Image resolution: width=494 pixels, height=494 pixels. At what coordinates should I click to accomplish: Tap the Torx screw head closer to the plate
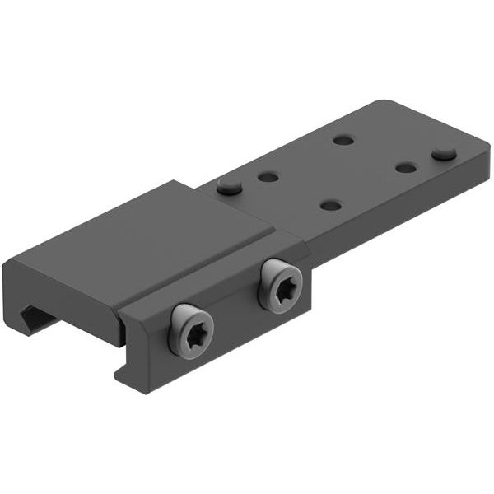tap(280, 286)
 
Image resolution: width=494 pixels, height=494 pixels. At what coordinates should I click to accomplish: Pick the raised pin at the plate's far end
tap(445, 152)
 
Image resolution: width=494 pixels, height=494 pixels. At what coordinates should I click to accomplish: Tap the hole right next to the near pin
tap(268, 176)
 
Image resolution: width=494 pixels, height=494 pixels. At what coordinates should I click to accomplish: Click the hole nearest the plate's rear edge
tap(343, 140)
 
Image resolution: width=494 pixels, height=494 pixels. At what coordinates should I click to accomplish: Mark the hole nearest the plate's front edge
tap(331, 204)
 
